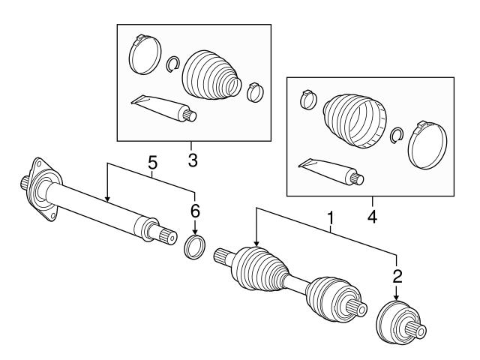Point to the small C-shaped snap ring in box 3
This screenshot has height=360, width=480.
coord(172,65)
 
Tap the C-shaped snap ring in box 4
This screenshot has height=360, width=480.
coord(399,135)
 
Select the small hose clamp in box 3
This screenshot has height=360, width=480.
coord(255,93)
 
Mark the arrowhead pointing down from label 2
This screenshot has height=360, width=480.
coord(397,298)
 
